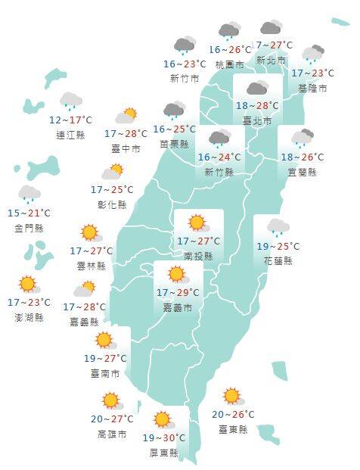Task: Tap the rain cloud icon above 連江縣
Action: pos(71,101)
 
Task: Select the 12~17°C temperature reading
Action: pos(70,120)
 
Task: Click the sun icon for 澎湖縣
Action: pos(28,285)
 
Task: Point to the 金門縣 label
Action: pos(29,228)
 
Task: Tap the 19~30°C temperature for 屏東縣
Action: pos(164,438)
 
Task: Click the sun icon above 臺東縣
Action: pos(231,396)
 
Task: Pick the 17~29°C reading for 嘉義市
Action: pos(178,293)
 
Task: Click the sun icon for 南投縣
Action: pos(197,223)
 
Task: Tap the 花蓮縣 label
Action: pos(278,261)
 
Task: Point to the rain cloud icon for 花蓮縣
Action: pos(278,227)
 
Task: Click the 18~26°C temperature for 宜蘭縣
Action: pos(302,157)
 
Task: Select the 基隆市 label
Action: pos(312,89)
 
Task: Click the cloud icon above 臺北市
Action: pos(256,88)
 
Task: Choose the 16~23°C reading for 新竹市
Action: pos(185,64)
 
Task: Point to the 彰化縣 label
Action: pos(112,204)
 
